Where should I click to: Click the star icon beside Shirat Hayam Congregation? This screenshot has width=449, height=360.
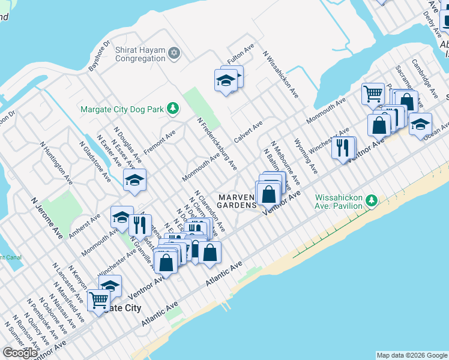tap(174, 53)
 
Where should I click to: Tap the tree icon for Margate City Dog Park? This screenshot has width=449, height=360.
tap(173, 108)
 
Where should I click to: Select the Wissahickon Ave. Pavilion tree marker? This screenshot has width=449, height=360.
tap(372, 200)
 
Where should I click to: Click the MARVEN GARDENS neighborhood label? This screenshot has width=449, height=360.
tap(237, 201)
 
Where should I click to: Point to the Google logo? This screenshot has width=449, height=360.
tap(20, 353)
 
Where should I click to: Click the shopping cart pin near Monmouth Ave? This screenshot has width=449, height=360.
tap(373, 94)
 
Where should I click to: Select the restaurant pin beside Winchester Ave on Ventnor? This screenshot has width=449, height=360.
tap(342, 147)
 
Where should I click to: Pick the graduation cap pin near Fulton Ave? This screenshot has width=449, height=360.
tap(226, 80)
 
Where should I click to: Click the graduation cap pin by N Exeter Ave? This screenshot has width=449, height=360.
tap(134, 179)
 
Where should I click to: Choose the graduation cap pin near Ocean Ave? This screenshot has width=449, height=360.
tap(420, 124)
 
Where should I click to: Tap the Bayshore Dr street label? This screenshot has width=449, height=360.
tap(99, 56)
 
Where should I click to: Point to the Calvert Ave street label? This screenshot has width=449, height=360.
tap(249, 131)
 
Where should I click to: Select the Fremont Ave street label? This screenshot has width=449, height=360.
tap(159, 142)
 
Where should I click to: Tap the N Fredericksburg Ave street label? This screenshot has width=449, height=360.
tap(217, 143)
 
